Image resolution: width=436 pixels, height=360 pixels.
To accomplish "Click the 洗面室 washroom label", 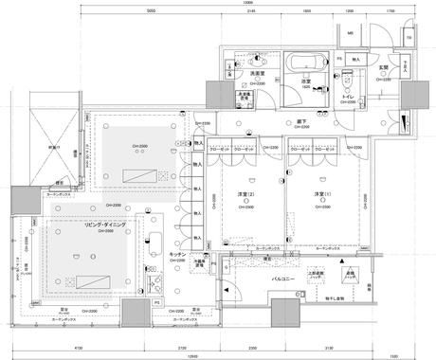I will tap(256, 73).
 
